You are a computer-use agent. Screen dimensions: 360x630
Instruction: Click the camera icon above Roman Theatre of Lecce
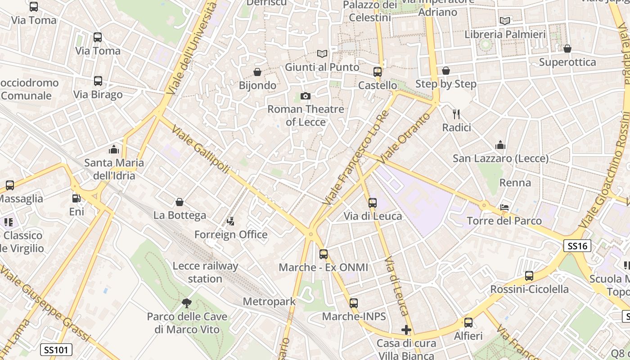coord(306,96)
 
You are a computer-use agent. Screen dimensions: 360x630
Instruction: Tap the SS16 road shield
coord(577,246)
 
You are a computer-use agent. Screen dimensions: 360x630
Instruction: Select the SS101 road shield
coord(56,349)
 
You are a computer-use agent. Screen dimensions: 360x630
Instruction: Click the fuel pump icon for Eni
coord(76,198)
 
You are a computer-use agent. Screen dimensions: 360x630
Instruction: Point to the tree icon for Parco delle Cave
coord(187,303)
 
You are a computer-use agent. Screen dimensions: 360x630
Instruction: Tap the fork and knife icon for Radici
coord(456,114)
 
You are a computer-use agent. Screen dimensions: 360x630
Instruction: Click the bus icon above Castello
coord(378,72)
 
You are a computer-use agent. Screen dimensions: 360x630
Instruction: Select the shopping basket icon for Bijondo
coord(257,72)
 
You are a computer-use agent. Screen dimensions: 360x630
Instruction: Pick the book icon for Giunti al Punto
coord(322,54)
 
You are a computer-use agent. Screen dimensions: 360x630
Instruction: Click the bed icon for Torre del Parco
coord(504,207)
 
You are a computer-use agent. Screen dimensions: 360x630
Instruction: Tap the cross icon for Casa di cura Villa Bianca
coord(406,330)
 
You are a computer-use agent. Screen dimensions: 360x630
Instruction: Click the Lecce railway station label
coord(205,272)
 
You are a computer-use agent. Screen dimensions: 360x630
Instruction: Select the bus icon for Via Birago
coord(98,81)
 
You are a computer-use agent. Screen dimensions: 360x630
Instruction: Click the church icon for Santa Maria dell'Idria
coord(114,149)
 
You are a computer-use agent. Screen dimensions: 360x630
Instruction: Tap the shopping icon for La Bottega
coord(180,202)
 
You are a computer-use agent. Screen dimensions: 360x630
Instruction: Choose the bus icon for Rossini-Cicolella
coord(529,276)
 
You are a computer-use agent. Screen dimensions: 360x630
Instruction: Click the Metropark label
coord(269,301)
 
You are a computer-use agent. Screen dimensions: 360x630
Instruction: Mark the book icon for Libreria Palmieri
coord(505,21)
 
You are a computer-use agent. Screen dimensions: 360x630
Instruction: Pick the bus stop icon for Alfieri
coord(468,323)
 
